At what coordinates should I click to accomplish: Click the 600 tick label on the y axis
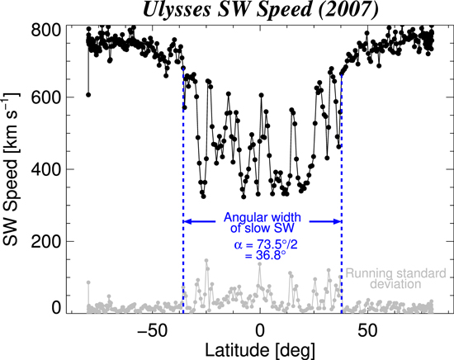(48, 97)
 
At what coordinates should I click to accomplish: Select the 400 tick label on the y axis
(48, 169)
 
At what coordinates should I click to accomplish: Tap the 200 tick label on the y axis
(48, 241)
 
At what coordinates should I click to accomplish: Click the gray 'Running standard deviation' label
(395, 278)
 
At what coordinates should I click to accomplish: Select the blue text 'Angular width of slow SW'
(261, 223)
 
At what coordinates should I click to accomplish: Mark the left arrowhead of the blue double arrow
(187, 221)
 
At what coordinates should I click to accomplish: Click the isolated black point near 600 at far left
(87, 95)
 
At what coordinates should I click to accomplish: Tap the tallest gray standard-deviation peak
(206, 262)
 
